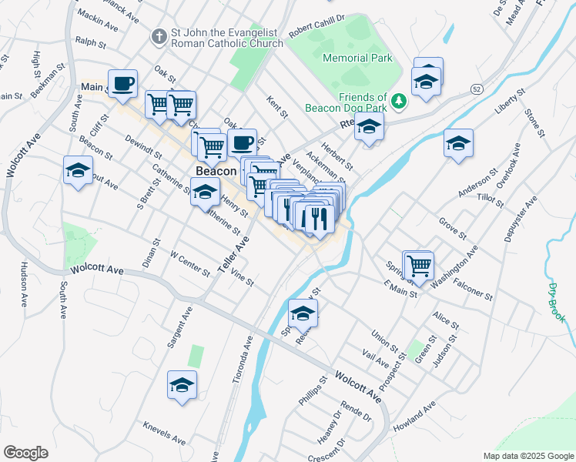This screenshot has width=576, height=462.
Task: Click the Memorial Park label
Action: click(357, 58)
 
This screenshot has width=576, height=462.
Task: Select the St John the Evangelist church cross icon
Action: click(159, 36)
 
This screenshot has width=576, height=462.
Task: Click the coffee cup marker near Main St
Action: click(122, 82)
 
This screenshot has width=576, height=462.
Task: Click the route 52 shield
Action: click(478, 90)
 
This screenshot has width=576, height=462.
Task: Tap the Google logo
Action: click(25, 453)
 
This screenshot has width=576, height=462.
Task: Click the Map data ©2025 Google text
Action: click(527, 456)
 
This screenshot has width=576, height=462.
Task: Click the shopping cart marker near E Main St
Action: click(419, 265)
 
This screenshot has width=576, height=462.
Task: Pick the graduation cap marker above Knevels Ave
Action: click(183, 385)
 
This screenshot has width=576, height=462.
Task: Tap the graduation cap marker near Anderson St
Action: click(458, 143)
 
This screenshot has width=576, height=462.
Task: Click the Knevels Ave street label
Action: click(164, 434)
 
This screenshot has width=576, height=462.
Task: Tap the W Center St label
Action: click(189, 263)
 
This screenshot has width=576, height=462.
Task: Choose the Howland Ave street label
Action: click(414, 412)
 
